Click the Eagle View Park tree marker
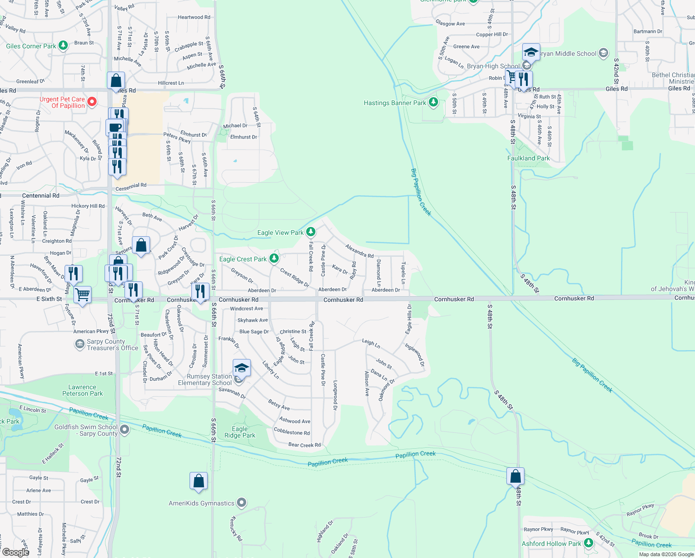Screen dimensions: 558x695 tap(311, 232)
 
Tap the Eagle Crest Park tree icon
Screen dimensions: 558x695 tap(274, 259)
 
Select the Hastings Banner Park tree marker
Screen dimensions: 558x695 tap(433, 102)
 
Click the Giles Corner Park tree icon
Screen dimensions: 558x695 tap(63, 46)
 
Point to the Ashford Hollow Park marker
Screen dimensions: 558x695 tap(589, 543)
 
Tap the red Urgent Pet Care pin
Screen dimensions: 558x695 tap(92, 102)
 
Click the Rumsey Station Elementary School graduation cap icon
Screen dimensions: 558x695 tap(242, 368)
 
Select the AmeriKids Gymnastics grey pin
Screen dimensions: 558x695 tap(241, 503)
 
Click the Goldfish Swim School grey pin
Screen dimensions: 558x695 tap(125, 430)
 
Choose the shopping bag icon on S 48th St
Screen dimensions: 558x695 tap(515, 477)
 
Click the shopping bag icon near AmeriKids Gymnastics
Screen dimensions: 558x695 tap(198, 481)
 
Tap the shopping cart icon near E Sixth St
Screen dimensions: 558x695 tap(82, 294)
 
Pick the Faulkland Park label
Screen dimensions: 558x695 tap(528, 158)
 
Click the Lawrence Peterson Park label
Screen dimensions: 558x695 tap(83, 390)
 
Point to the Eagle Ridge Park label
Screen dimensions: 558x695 tap(240, 432)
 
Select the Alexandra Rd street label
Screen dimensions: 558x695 tap(360, 251)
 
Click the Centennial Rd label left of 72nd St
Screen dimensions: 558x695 tap(41, 196)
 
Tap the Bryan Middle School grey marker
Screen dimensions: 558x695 tap(603, 53)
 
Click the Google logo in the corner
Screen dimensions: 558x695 tap(15, 552)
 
